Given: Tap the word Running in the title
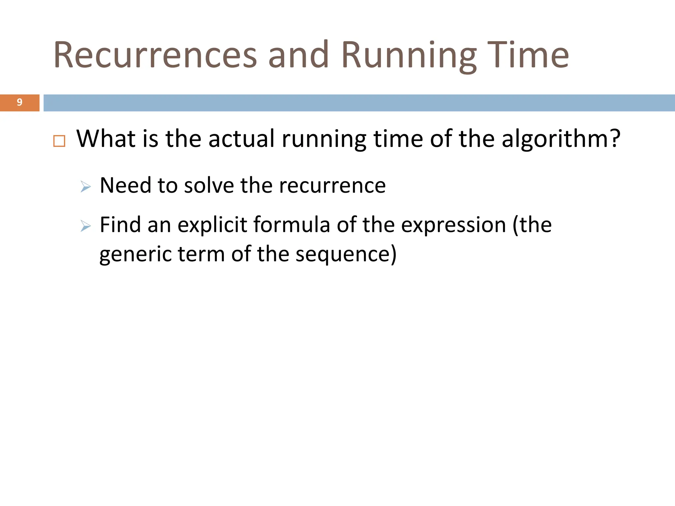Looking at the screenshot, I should tap(409, 55).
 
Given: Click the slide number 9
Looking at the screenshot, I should tap(19, 102).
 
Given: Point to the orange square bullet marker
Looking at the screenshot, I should tap(59, 141).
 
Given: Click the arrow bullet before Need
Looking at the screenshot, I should tap(85, 187).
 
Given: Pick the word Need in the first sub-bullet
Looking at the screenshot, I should tap(126, 185).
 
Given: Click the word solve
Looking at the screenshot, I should tap(209, 185).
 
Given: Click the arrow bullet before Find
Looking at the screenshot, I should tap(85, 226).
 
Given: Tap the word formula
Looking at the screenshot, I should tap(292, 225).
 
